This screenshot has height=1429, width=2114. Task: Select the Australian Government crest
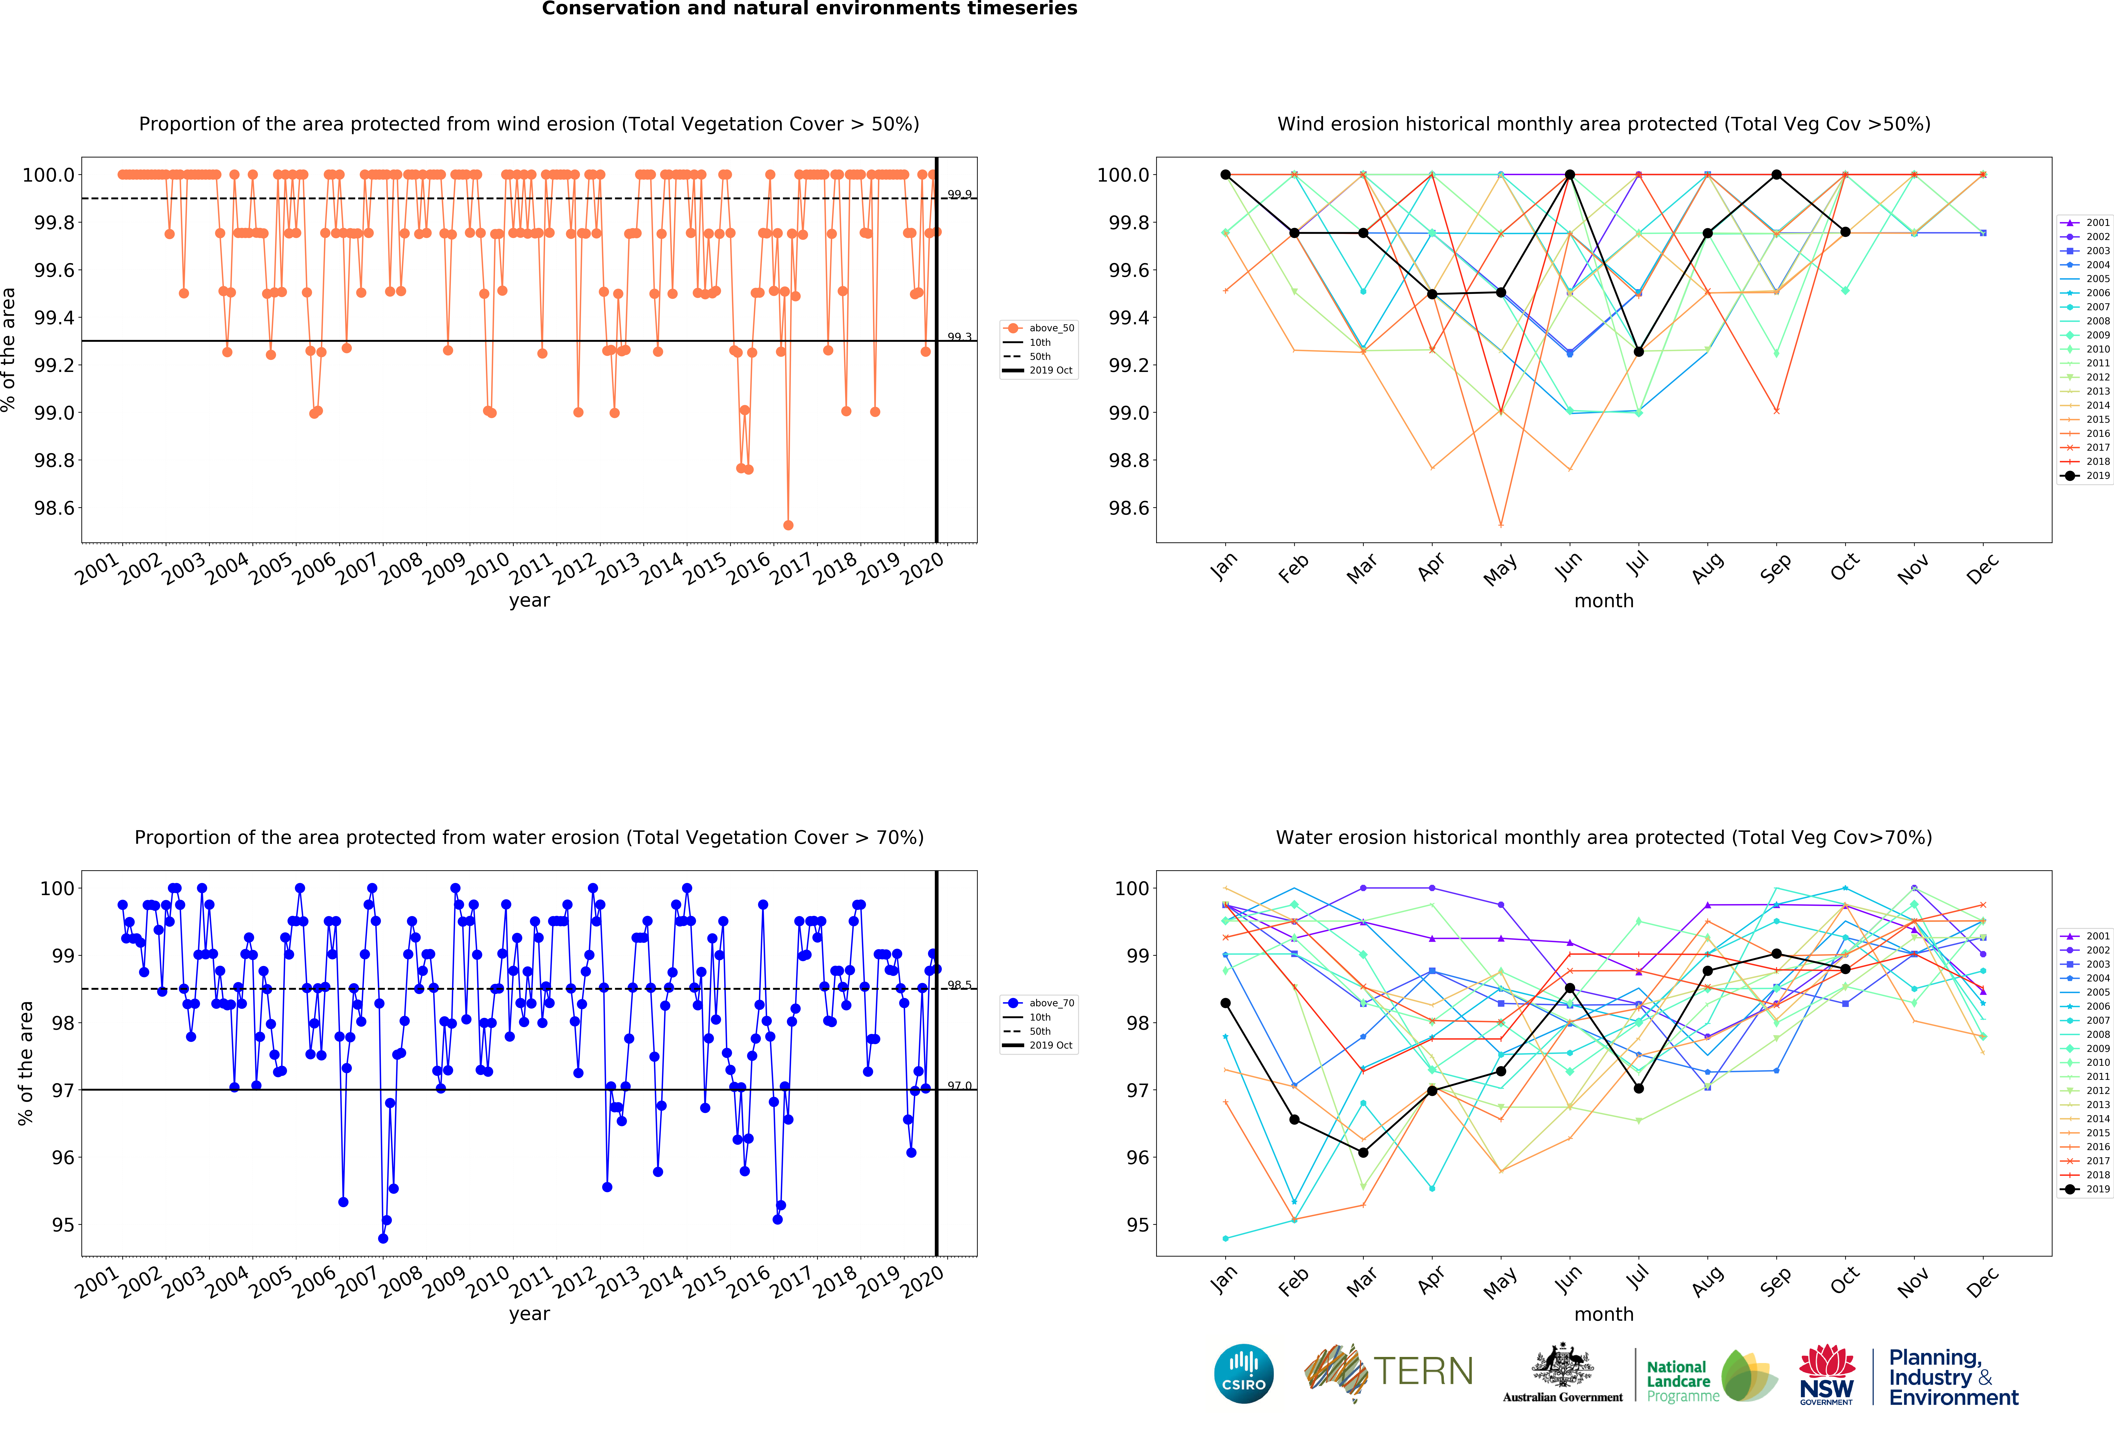(1562, 1364)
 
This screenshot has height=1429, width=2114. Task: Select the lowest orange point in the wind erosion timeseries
(788, 525)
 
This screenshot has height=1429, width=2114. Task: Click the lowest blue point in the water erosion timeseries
(383, 1238)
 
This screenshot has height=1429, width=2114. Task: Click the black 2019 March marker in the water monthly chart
(1363, 1153)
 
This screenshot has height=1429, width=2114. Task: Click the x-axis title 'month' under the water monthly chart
(1604, 1314)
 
